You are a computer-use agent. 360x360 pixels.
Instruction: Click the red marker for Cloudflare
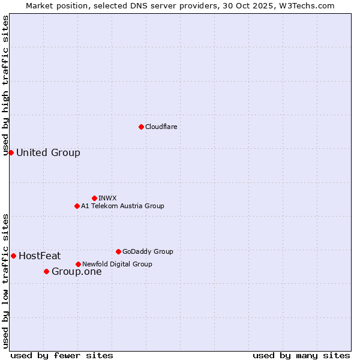(x=141, y=127)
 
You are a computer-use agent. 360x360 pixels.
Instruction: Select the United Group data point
(x=11, y=152)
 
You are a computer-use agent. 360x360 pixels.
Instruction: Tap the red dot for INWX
(x=94, y=198)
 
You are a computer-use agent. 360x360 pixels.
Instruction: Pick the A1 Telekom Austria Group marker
(x=77, y=206)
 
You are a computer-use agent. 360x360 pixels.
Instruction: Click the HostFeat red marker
(x=13, y=256)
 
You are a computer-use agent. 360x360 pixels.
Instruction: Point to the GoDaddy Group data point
(x=118, y=251)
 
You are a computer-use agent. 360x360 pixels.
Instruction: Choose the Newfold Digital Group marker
(x=78, y=264)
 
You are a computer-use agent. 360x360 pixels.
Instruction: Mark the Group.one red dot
(x=46, y=271)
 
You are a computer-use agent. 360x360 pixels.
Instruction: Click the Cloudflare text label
(x=161, y=127)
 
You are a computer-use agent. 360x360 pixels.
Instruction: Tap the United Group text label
(x=48, y=152)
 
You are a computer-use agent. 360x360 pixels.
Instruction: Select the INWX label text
(x=107, y=198)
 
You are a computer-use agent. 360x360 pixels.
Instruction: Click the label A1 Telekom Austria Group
(x=122, y=206)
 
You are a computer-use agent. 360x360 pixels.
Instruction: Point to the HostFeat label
(x=40, y=256)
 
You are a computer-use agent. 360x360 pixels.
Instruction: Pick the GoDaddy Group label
(x=148, y=251)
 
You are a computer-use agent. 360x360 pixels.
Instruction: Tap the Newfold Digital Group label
(x=117, y=264)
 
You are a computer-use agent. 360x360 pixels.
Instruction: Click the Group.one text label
(x=76, y=271)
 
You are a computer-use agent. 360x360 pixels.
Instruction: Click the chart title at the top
(x=180, y=5)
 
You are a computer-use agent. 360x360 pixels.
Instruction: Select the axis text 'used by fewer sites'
(x=62, y=355)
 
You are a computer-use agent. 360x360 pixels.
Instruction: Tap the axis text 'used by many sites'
(x=301, y=355)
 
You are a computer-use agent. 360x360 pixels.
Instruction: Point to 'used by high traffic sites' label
(x=6, y=85)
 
